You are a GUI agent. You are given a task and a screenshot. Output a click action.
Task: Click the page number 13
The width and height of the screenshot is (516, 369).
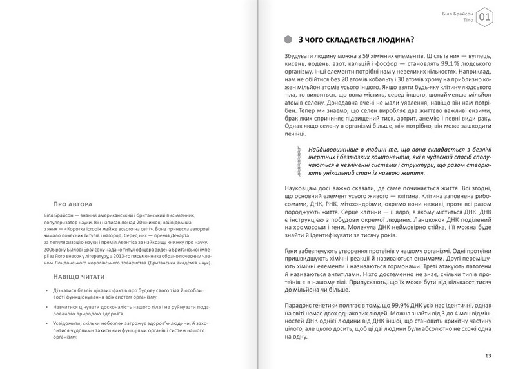(x=488, y=355)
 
